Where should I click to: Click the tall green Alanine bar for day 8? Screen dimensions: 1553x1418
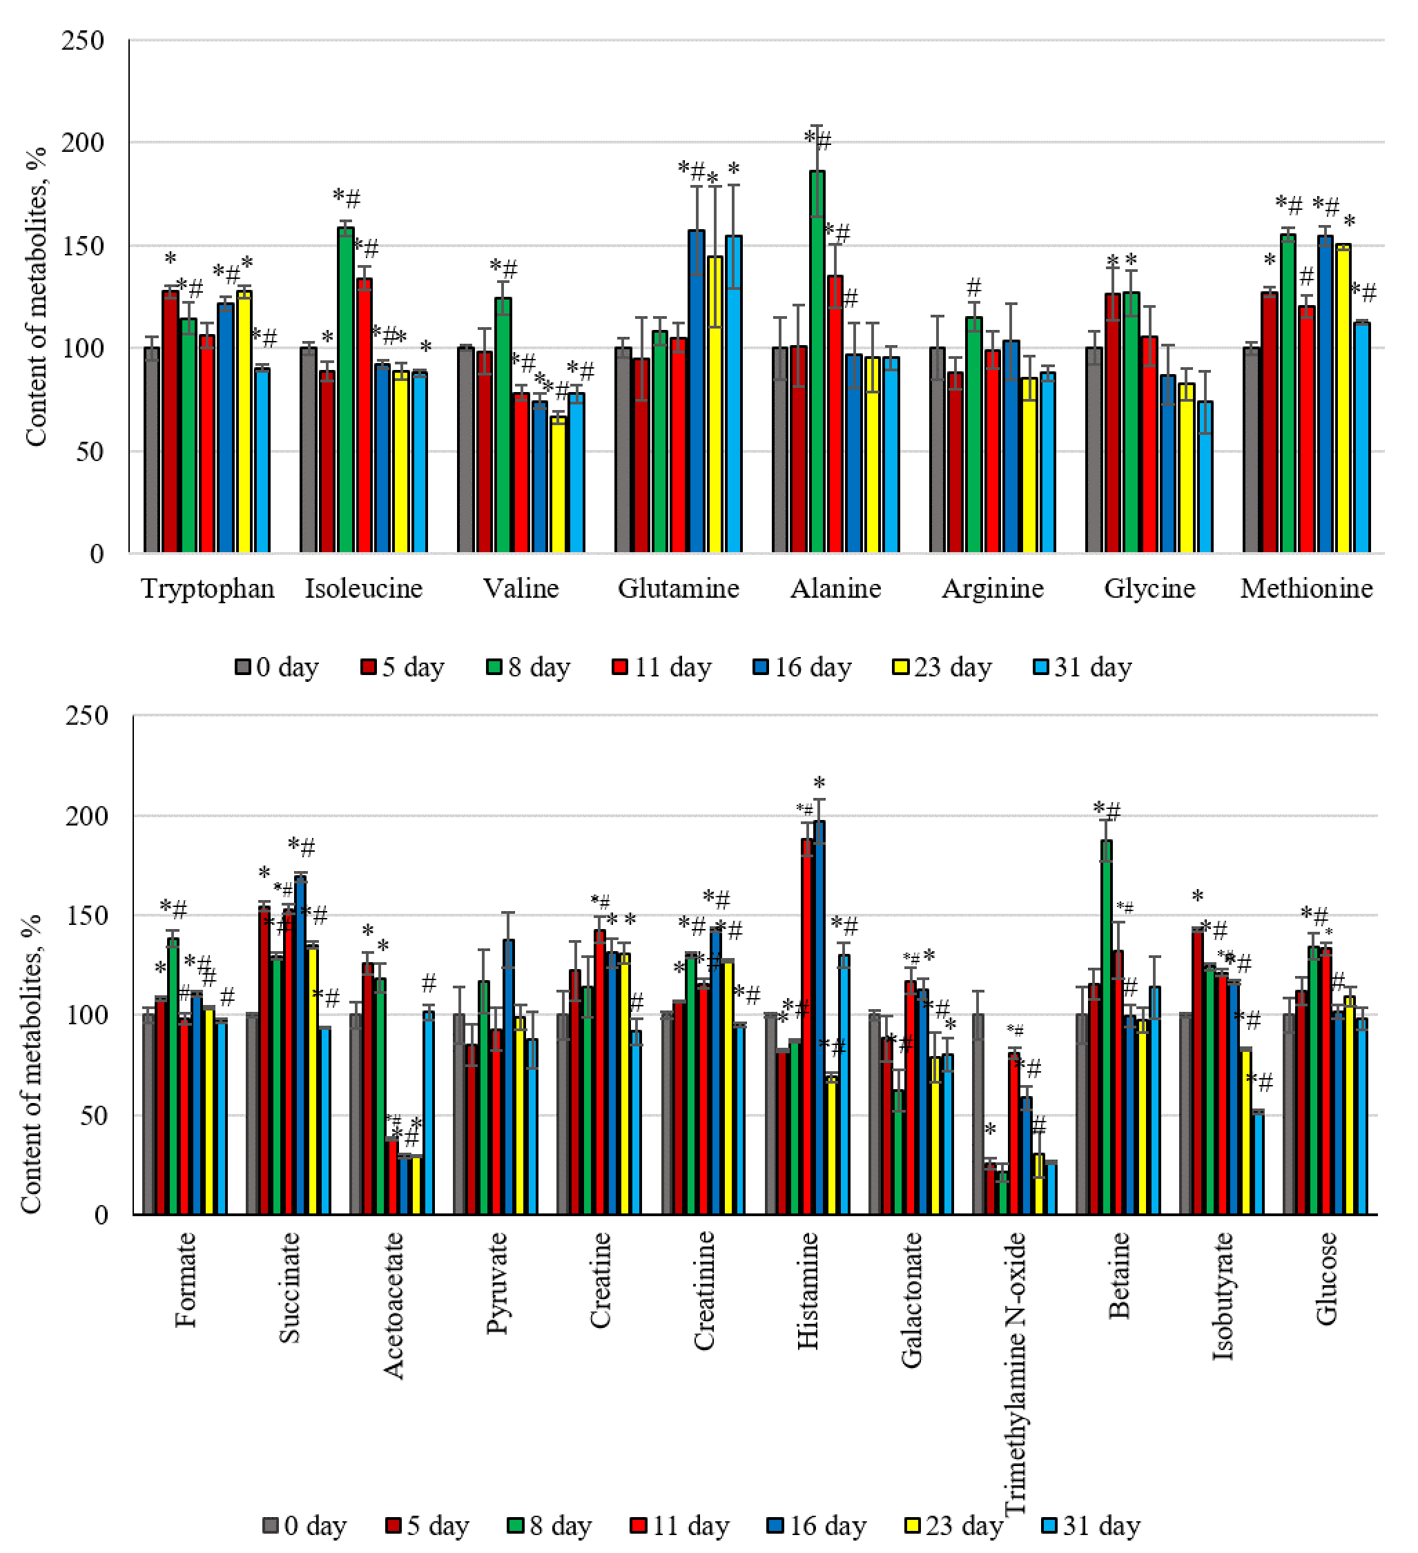817,362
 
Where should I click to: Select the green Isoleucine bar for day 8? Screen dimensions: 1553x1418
345,390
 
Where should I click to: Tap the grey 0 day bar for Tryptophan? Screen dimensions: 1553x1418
152,450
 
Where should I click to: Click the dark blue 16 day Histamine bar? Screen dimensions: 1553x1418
819,1017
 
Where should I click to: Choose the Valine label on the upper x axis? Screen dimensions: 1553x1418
521,589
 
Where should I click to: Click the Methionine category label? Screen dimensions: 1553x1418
1306,589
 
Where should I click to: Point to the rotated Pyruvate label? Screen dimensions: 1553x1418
497,1282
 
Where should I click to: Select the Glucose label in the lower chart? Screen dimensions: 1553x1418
1326,1278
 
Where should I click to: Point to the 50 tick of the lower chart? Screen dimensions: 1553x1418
93,1115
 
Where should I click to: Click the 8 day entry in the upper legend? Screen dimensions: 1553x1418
529,667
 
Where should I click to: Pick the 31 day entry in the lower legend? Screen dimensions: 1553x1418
1091,1525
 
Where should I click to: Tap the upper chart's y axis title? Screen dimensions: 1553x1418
35,297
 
